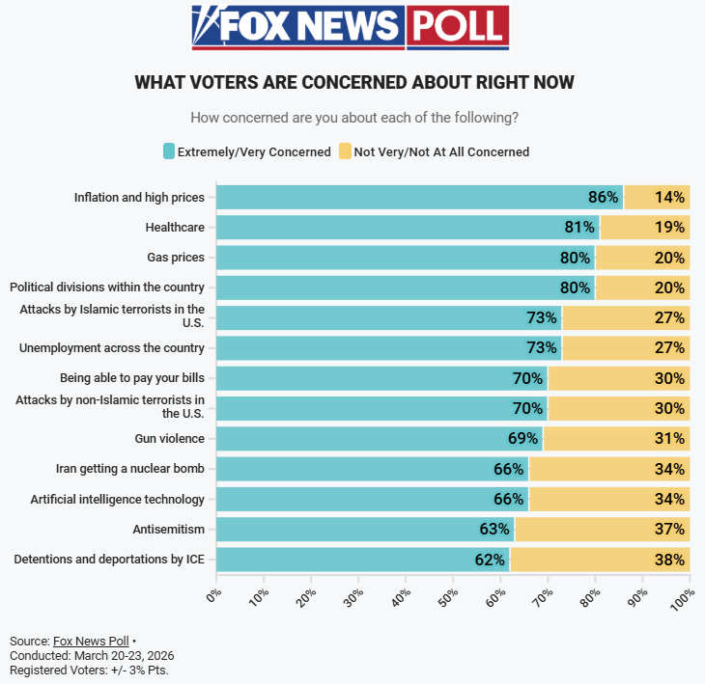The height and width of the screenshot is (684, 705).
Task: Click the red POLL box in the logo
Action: (x=457, y=27)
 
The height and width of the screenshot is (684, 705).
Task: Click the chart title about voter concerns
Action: (x=354, y=82)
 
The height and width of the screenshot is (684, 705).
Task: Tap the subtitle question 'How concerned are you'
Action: (x=354, y=118)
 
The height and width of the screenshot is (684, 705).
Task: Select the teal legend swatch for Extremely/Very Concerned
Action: (x=169, y=151)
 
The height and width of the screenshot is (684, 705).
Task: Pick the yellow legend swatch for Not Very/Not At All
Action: (x=346, y=151)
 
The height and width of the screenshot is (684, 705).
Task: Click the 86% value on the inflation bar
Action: (x=603, y=198)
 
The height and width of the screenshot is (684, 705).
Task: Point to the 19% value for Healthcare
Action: (x=669, y=228)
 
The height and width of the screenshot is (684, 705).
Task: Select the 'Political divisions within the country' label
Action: (x=107, y=287)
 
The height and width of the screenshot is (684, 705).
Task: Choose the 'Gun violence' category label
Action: (x=169, y=439)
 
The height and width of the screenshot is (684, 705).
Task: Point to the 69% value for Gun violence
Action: (x=522, y=439)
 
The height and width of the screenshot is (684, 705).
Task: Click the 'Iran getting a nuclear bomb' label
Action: (x=130, y=469)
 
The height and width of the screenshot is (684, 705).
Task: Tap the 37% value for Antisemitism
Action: (x=669, y=530)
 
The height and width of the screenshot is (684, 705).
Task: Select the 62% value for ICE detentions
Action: (x=490, y=560)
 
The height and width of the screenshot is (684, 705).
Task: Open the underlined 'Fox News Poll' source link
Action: (x=91, y=641)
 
